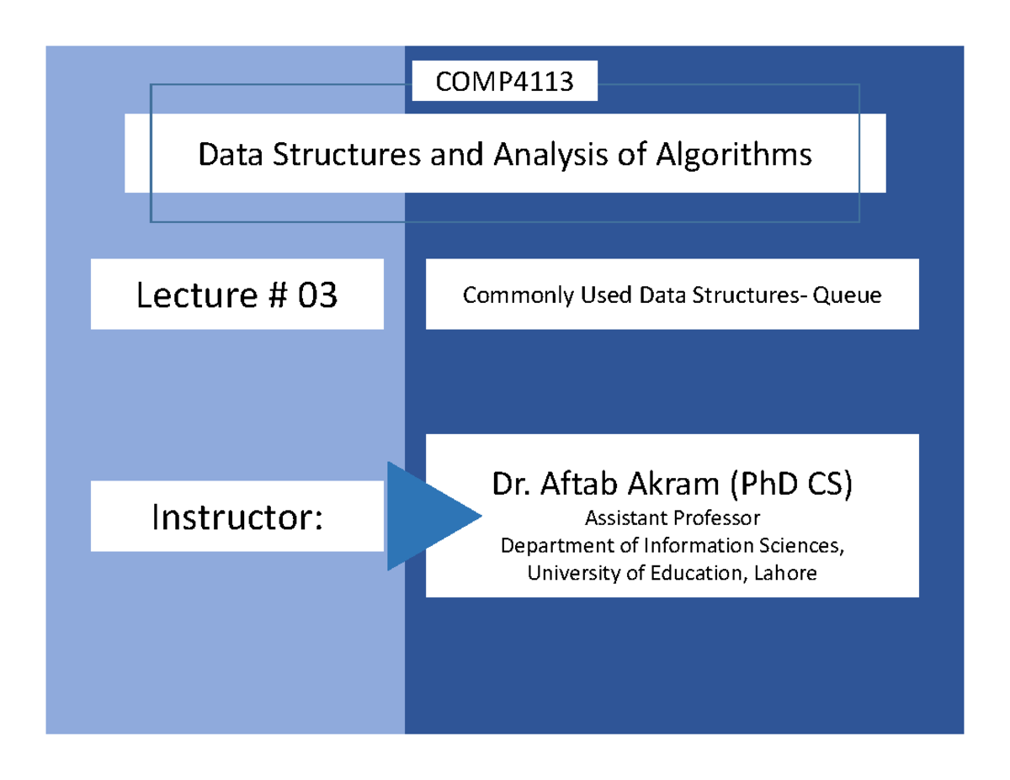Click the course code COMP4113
pyautogui.click(x=504, y=82)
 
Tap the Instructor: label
pyautogui.click(x=237, y=517)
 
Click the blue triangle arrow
pyautogui.click(x=424, y=516)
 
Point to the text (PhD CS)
pyautogui.click(x=791, y=484)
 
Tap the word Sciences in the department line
pyautogui.click(x=804, y=545)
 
